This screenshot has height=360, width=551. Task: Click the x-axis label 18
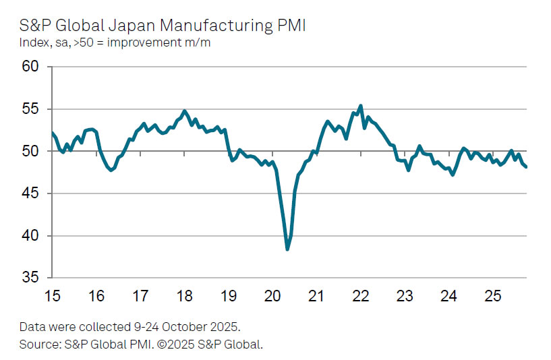(184, 296)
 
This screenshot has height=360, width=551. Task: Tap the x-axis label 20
(272, 296)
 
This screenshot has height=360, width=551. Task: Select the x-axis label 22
(361, 296)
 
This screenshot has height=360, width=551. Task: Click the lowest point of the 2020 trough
(287, 249)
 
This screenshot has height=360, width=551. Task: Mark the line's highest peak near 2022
(361, 106)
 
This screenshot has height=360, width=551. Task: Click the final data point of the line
(526, 167)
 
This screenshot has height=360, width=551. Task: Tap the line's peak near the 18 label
(185, 111)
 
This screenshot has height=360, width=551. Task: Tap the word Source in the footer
(38, 344)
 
